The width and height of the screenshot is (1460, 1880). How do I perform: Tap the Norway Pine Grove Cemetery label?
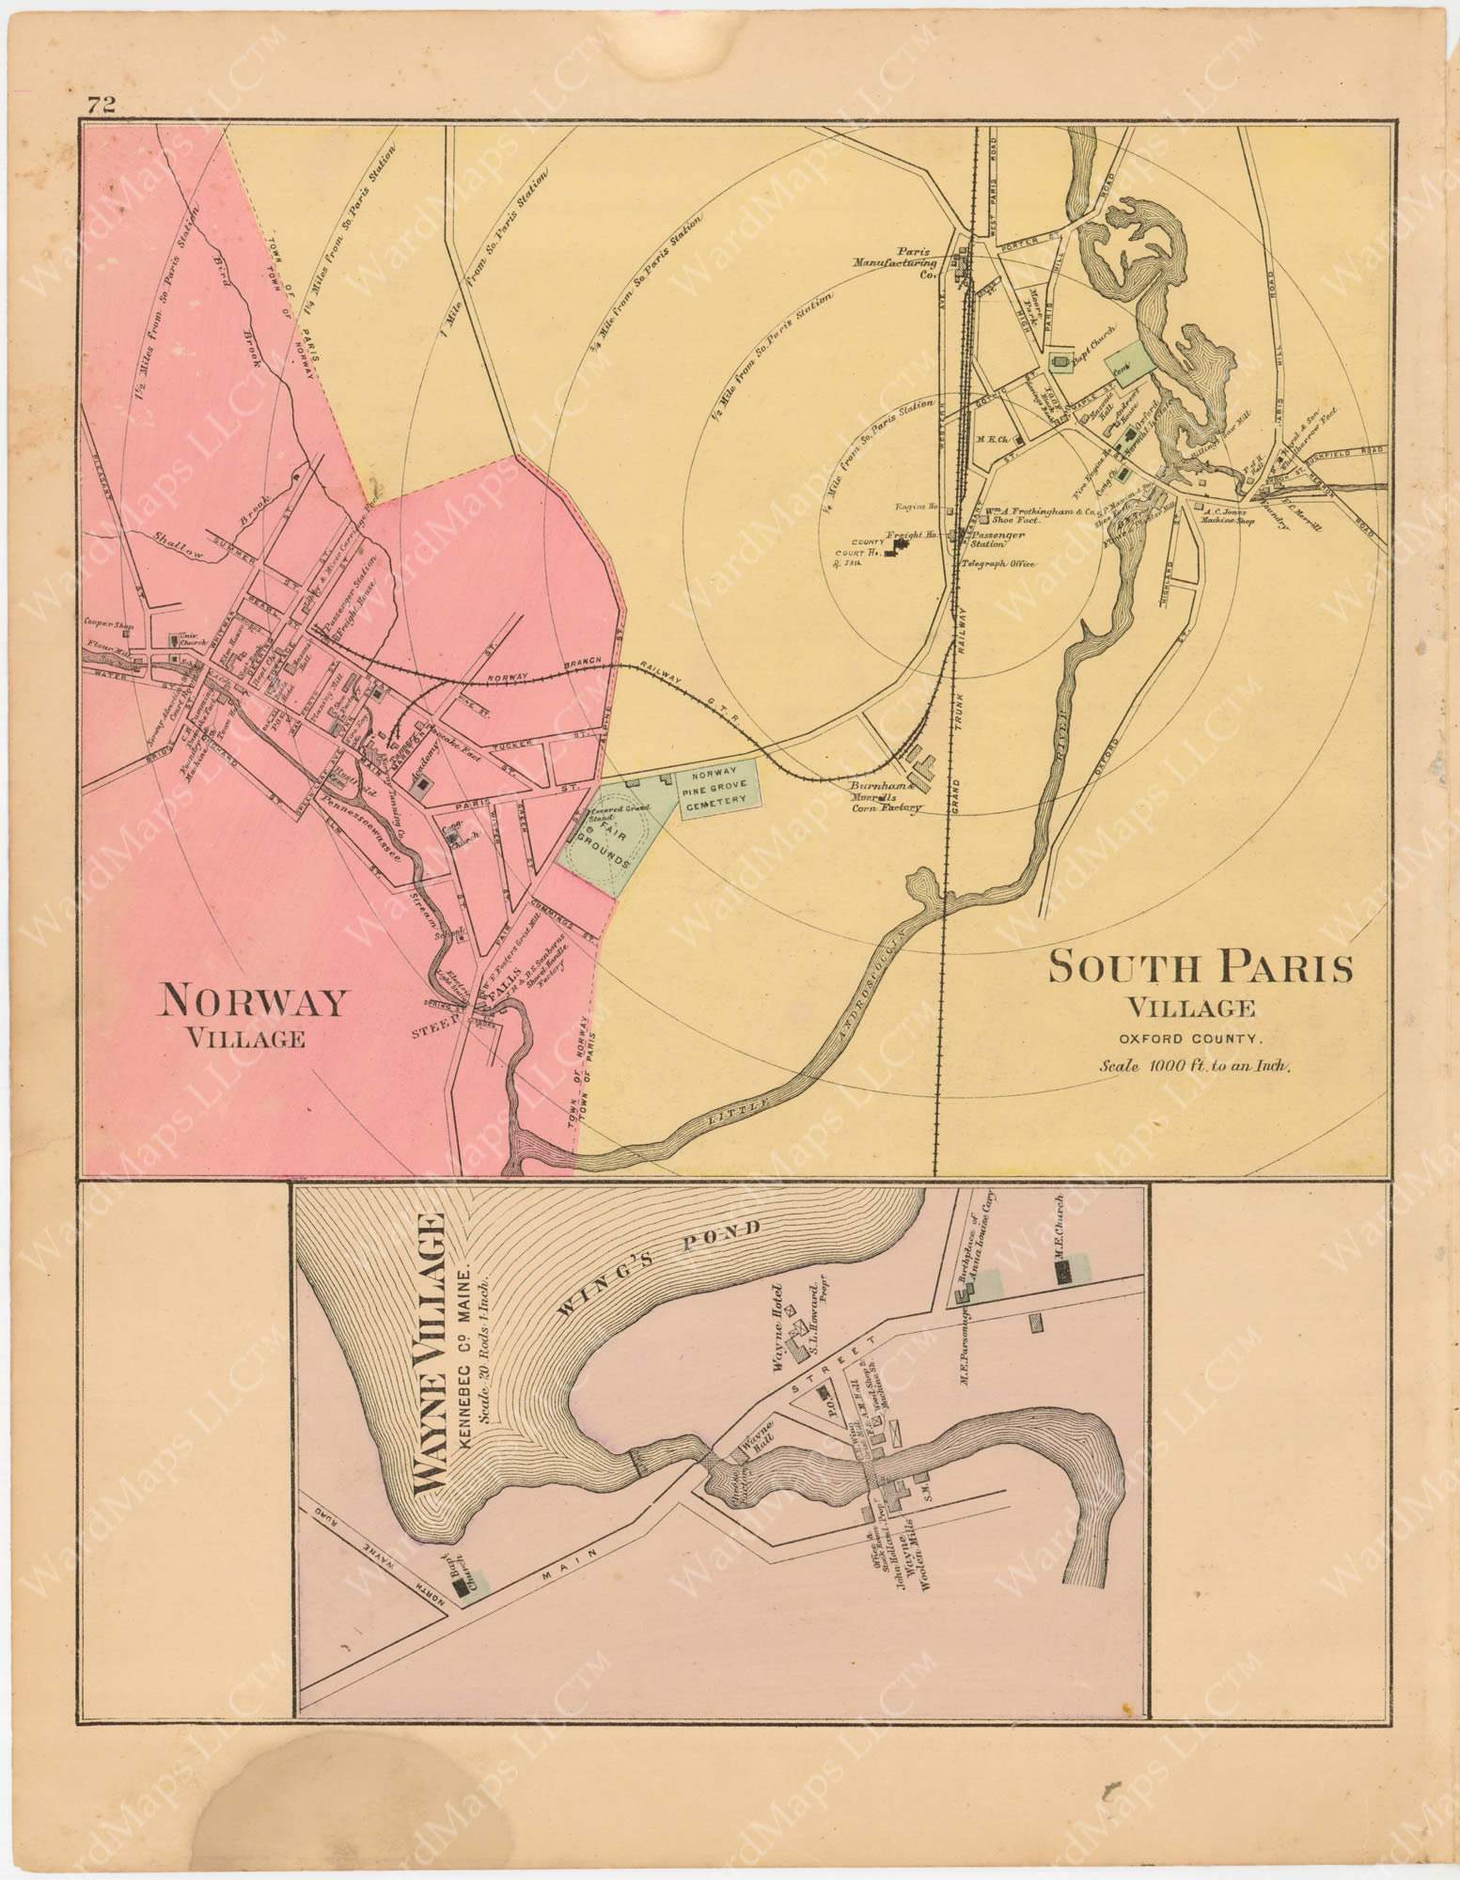[718, 785]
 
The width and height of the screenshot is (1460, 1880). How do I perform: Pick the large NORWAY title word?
[253, 1003]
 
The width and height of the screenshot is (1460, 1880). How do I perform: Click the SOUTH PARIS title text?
[1201, 968]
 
